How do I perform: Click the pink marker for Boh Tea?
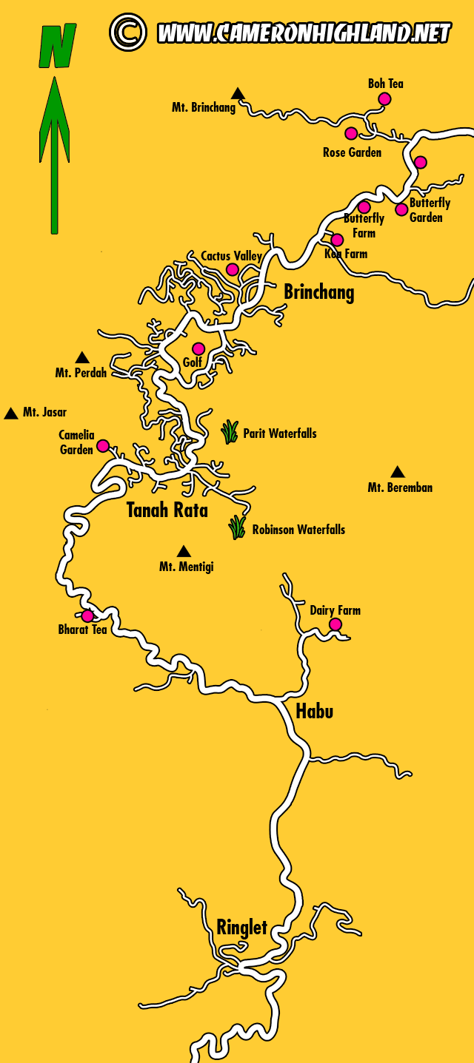point(384,99)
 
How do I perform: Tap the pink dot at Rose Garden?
point(351,133)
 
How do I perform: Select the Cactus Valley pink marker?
point(233,269)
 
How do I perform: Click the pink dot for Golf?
point(198,348)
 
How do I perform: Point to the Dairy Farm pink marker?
point(336,624)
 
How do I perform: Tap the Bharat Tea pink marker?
point(87,615)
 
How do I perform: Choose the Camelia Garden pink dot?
point(103,445)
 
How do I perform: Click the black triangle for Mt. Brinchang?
point(238,93)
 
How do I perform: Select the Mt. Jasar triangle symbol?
point(11,414)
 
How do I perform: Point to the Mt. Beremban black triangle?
point(398,472)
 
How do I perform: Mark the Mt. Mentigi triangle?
point(184,551)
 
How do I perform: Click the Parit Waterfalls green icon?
point(230,432)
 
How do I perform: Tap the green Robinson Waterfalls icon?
point(237,527)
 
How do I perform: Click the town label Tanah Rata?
point(167,510)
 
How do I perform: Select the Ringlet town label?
point(241,927)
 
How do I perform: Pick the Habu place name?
point(314,712)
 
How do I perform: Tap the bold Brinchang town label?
point(319,292)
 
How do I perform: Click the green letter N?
point(57,46)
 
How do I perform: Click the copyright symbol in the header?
point(128,32)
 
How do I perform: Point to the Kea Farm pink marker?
point(337,240)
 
